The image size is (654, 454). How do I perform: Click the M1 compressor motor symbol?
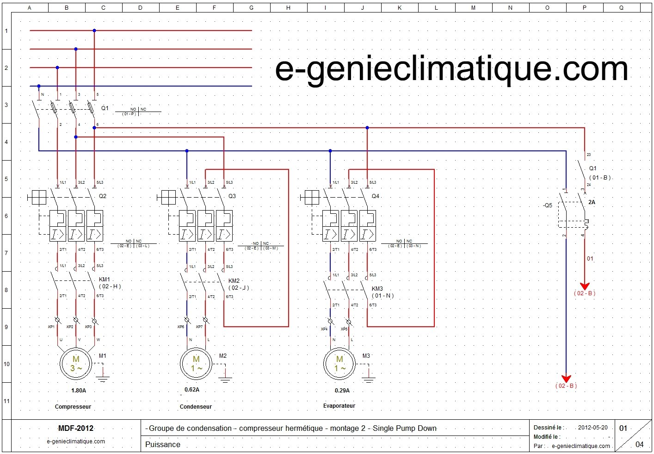(x=75, y=364)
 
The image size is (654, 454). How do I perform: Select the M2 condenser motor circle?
(x=196, y=364)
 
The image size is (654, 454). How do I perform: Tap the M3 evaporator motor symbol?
(x=339, y=364)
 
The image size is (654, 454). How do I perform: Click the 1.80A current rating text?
(x=78, y=391)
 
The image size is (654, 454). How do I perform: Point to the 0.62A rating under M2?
(x=191, y=390)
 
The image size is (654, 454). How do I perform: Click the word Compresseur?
(x=73, y=407)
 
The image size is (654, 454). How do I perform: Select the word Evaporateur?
(x=339, y=406)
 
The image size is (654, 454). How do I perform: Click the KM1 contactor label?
(x=105, y=280)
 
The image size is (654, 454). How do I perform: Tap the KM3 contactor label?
(x=377, y=289)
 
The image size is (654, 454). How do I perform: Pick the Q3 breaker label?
(x=232, y=196)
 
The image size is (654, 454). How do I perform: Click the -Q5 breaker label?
(x=547, y=205)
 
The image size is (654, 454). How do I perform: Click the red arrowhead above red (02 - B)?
(x=585, y=286)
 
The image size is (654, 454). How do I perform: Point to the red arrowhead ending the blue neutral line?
(x=566, y=379)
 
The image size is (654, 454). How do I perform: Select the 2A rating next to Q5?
(x=592, y=202)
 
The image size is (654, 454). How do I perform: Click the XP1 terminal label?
(x=51, y=327)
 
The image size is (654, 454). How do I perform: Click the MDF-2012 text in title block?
(x=76, y=428)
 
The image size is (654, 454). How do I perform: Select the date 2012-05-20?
(x=592, y=428)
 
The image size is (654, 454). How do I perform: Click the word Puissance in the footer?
(x=163, y=444)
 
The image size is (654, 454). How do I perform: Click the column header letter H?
(x=288, y=7)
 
